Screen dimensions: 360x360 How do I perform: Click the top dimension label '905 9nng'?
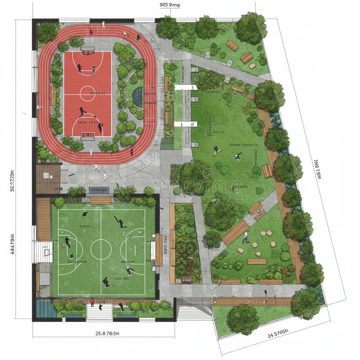click(x=170, y=5)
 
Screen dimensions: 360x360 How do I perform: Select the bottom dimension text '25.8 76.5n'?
click(x=103, y=333)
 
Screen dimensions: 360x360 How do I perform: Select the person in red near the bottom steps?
click(x=92, y=301)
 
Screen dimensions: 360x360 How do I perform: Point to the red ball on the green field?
click(x=63, y=246)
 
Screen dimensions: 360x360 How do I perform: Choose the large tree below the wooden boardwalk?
click(x=243, y=319)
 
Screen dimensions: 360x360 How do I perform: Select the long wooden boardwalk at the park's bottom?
click(x=252, y=301)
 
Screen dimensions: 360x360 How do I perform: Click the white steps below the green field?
click(x=99, y=313)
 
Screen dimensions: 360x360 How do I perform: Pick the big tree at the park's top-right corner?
click(x=250, y=28)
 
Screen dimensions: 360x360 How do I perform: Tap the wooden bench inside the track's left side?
click(x=53, y=97)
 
